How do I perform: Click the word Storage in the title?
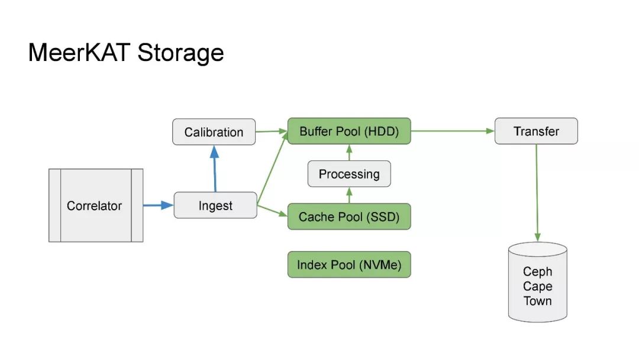(x=180, y=53)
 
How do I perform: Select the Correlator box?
(x=95, y=205)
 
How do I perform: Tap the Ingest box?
(x=215, y=205)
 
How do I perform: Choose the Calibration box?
(x=214, y=131)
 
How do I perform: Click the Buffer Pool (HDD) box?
(x=348, y=131)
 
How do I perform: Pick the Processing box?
(x=349, y=174)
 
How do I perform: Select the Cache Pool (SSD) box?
(x=348, y=217)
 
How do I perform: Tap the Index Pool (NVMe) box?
(x=348, y=265)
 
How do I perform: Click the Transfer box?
(x=535, y=131)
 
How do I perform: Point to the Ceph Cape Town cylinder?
(x=537, y=284)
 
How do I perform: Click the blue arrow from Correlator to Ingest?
(x=158, y=205)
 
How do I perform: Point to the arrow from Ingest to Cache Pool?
(x=272, y=211)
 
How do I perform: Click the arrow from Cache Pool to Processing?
(x=349, y=195)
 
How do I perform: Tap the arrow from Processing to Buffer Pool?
(x=349, y=153)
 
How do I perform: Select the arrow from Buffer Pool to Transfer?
(x=453, y=131)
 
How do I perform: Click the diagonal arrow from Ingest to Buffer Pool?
(x=273, y=168)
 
